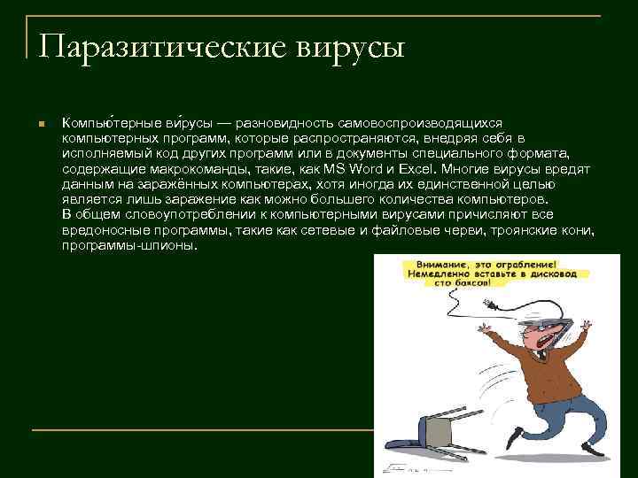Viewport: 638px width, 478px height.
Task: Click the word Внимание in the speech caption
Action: pos(436,265)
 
